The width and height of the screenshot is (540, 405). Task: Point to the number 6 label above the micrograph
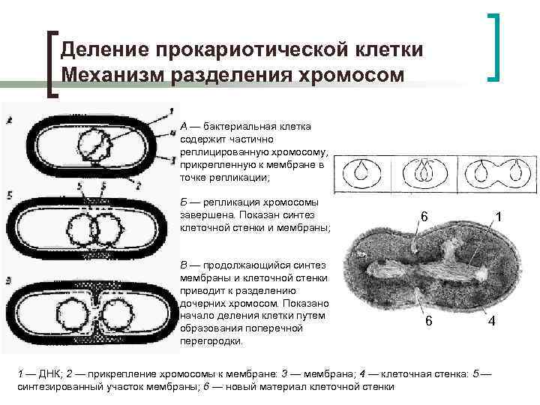[424, 217]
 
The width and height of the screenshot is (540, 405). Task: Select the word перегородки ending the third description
[211, 340]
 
